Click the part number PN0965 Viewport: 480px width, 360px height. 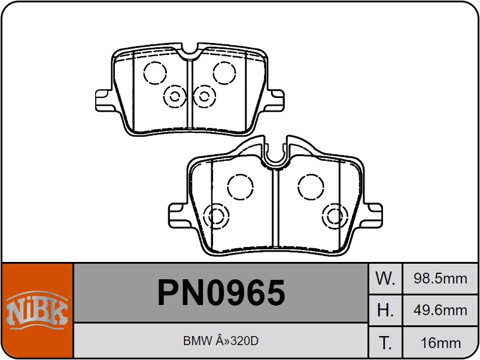click(221, 293)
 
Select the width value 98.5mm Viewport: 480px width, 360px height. click(440, 278)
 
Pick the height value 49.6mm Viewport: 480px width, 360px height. click(440, 310)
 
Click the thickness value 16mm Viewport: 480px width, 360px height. click(440, 343)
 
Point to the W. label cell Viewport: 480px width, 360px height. click(385, 278)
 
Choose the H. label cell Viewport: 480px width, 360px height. click(385, 310)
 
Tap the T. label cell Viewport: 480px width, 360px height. click(385, 343)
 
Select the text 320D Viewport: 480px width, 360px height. click(245, 341)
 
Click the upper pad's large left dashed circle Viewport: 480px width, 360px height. click(155, 73)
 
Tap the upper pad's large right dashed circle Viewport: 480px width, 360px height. click(224, 73)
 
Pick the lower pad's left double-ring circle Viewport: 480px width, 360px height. click(216, 216)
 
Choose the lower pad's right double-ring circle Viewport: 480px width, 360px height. click(334, 216)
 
